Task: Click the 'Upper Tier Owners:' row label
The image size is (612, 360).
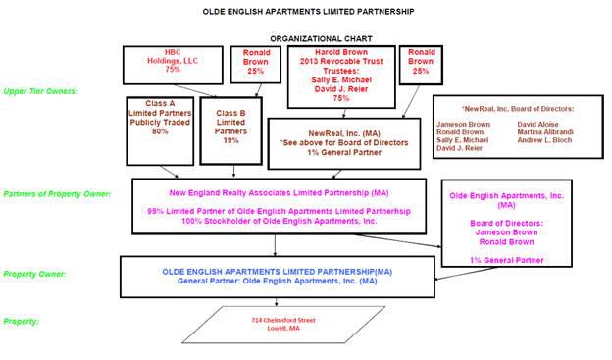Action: (x=40, y=91)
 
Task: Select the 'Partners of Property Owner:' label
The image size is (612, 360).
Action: (x=57, y=194)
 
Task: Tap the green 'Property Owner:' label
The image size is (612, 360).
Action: (x=34, y=274)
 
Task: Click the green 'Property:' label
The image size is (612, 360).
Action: (x=21, y=322)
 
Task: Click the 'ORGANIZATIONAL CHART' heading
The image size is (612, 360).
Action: (x=321, y=38)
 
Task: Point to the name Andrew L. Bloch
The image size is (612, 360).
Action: (x=544, y=140)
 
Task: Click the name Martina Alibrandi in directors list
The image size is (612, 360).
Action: (x=545, y=132)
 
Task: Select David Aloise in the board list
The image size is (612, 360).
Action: (x=537, y=125)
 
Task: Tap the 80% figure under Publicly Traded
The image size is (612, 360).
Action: (x=160, y=131)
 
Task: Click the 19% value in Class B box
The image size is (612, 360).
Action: (x=230, y=140)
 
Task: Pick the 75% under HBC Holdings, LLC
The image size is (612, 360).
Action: (x=173, y=69)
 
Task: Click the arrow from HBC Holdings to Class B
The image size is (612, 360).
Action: (x=195, y=90)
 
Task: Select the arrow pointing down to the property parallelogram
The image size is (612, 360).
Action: (x=277, y=302)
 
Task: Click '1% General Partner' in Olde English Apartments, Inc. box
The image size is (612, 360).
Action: (x=507, y=260)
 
